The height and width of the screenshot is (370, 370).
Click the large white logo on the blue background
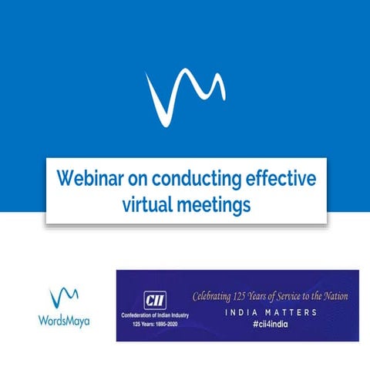pyautogui.click(x=185, y=97)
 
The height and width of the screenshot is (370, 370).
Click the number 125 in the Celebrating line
pyautogui.click(x=251, y=295)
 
